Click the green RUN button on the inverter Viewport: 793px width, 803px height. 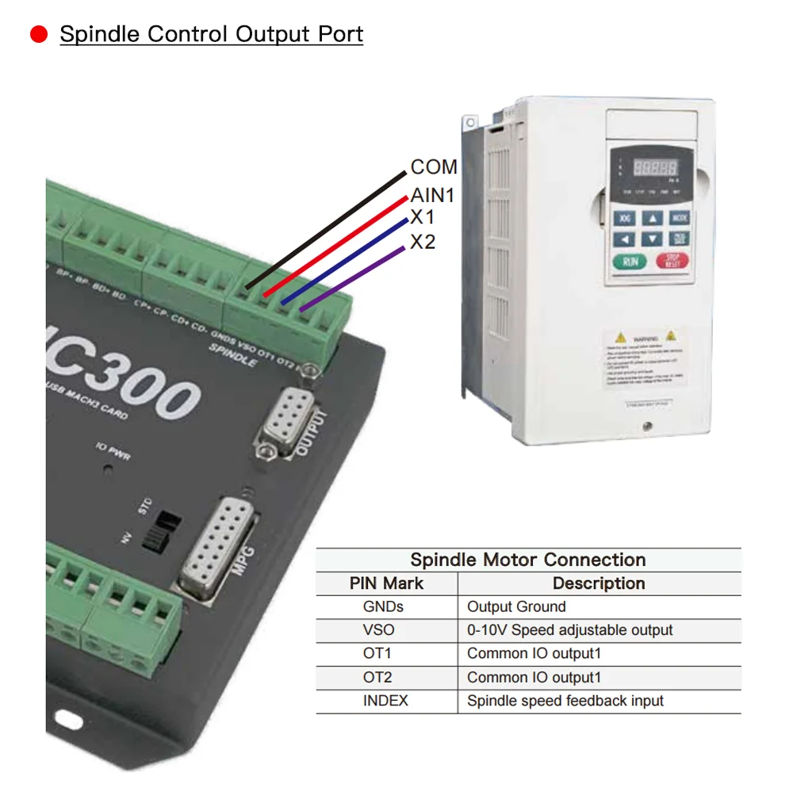tap(629, 261)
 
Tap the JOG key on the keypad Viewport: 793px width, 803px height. tap(626, 218)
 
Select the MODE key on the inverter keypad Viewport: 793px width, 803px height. tap(679, 218)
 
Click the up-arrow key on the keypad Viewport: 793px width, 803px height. tap(652, 218)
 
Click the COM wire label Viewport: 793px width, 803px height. tap(434, 167)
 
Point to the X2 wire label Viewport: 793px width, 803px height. tap(423, 242)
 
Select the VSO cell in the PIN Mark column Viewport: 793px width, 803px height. tap(378, 630)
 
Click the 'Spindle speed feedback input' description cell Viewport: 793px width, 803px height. tap(565, 701)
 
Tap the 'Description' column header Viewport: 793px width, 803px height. tap(599, 583)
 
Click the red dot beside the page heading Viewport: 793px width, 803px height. tap(39, 35)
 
